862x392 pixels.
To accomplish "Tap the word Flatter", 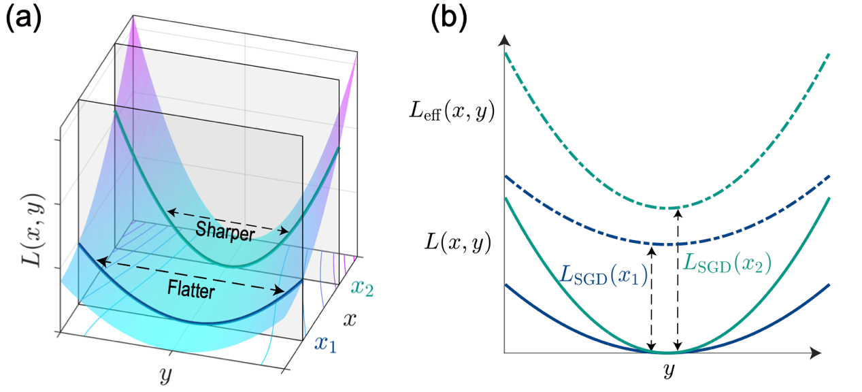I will pyautogui.click(x=190, y=291).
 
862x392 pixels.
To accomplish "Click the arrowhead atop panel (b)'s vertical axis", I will pyautogui.click(x=504, y=39).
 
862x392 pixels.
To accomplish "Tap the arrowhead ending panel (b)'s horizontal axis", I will pyautogui.click(x=816, y=353).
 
